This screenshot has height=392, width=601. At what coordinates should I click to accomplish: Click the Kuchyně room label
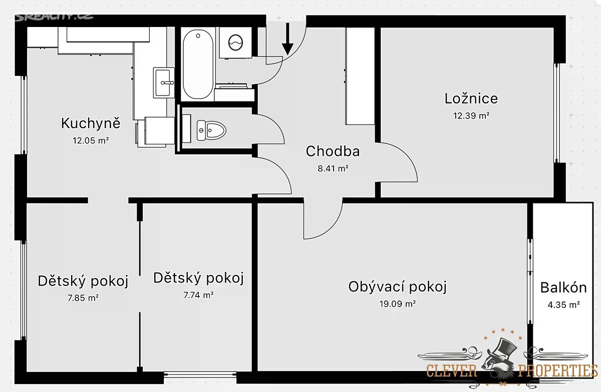coord(91,123)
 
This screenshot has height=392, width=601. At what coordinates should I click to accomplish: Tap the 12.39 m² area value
coord(471,115)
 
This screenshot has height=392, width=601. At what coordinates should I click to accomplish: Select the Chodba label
coord(333,151)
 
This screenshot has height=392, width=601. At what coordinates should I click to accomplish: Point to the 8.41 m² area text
coord(333,168)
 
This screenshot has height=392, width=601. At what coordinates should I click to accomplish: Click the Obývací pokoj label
coord(397,286)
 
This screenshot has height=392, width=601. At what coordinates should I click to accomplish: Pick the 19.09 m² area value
coord(397,304)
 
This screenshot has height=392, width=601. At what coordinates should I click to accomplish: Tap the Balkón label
coord(563,287)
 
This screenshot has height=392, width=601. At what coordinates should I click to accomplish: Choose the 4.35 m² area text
coord(564,305)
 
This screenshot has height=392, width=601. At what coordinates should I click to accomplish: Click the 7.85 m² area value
coord(83,298)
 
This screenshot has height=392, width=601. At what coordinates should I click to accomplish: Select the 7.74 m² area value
coord(198,295)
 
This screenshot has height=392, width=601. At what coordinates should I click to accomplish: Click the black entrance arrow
coord(287,39)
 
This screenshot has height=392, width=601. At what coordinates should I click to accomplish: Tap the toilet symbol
coord(211,130)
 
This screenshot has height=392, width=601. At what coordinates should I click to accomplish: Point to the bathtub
coord(198,64)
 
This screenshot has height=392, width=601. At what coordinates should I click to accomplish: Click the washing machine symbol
coord(235,42)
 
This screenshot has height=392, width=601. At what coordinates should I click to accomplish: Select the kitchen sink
coord(164,82)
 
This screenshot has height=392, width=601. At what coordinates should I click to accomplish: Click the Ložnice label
coord(471,98)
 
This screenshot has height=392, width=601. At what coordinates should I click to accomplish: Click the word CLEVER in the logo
coord(451,371)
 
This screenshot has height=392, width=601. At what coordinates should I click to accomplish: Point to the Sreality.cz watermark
coord(54,17)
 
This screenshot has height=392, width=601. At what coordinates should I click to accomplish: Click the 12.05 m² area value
coord(91,140)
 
